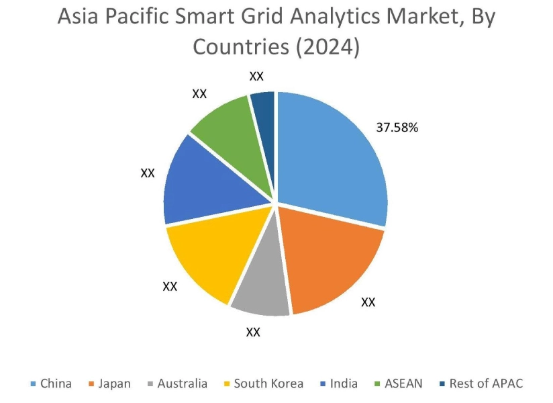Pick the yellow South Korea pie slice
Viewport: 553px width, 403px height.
(x=205, y=259)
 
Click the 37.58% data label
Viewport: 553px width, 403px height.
(x=397, y=128)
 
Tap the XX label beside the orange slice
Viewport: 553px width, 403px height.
(x=368, y=302)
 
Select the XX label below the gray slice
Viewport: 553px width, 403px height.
(x=253, y=332)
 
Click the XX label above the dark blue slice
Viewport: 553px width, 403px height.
(x=256, y=77)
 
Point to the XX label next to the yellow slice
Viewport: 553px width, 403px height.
(x=170, y=286)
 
